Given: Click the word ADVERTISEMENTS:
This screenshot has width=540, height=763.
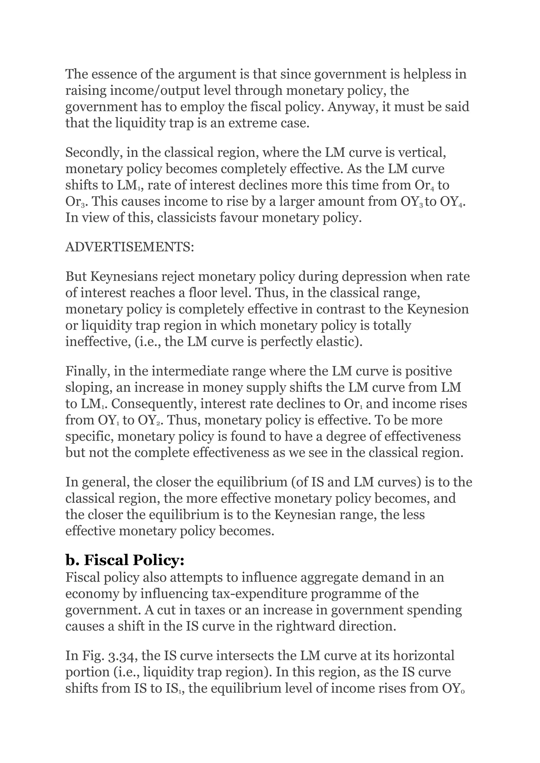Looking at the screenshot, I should click(130, 247).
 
